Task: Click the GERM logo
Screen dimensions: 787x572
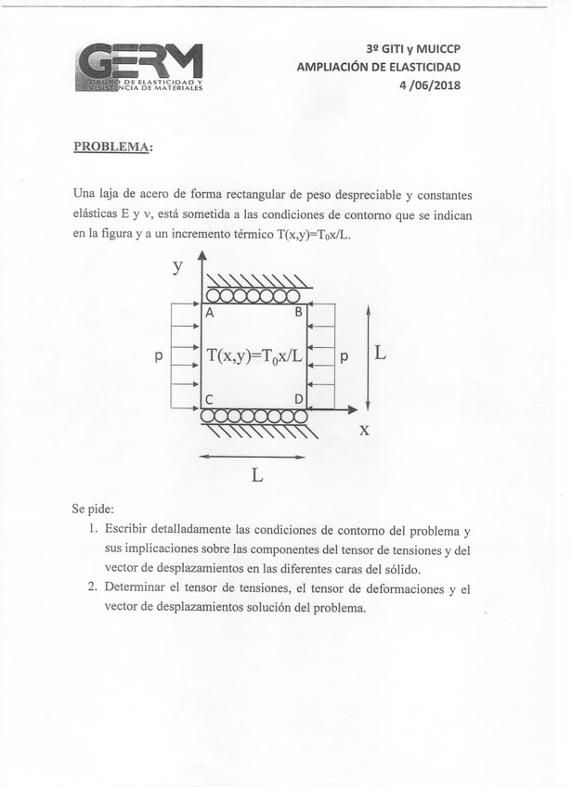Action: [x=139, y=68]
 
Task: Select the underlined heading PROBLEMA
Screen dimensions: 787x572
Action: [x=113, y=147]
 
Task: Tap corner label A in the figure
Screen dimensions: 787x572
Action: [x=209, y=314]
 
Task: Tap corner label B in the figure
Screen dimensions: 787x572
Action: [x=299, y=313]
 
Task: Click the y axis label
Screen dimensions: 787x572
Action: [x=177, y=267]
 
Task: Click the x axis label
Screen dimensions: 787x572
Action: [x=365, y=430]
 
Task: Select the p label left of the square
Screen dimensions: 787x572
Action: [x=159, y=355]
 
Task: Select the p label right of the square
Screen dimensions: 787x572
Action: [x=344, y=355]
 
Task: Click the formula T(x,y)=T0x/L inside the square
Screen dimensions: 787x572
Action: [x=254, y=355]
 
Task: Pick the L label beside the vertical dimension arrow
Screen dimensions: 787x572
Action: [x=382, y=353]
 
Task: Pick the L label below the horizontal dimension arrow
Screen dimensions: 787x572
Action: [x=257, y=475]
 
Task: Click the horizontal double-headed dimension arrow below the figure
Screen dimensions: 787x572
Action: [x=253, y=457]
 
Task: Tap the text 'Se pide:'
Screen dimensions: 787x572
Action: [x=93, y=510]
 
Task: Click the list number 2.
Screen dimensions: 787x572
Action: [x=93, y=587]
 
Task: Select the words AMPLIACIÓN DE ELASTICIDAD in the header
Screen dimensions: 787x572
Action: [x=378, y=67]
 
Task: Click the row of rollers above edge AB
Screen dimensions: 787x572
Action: [x=253, y=295]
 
